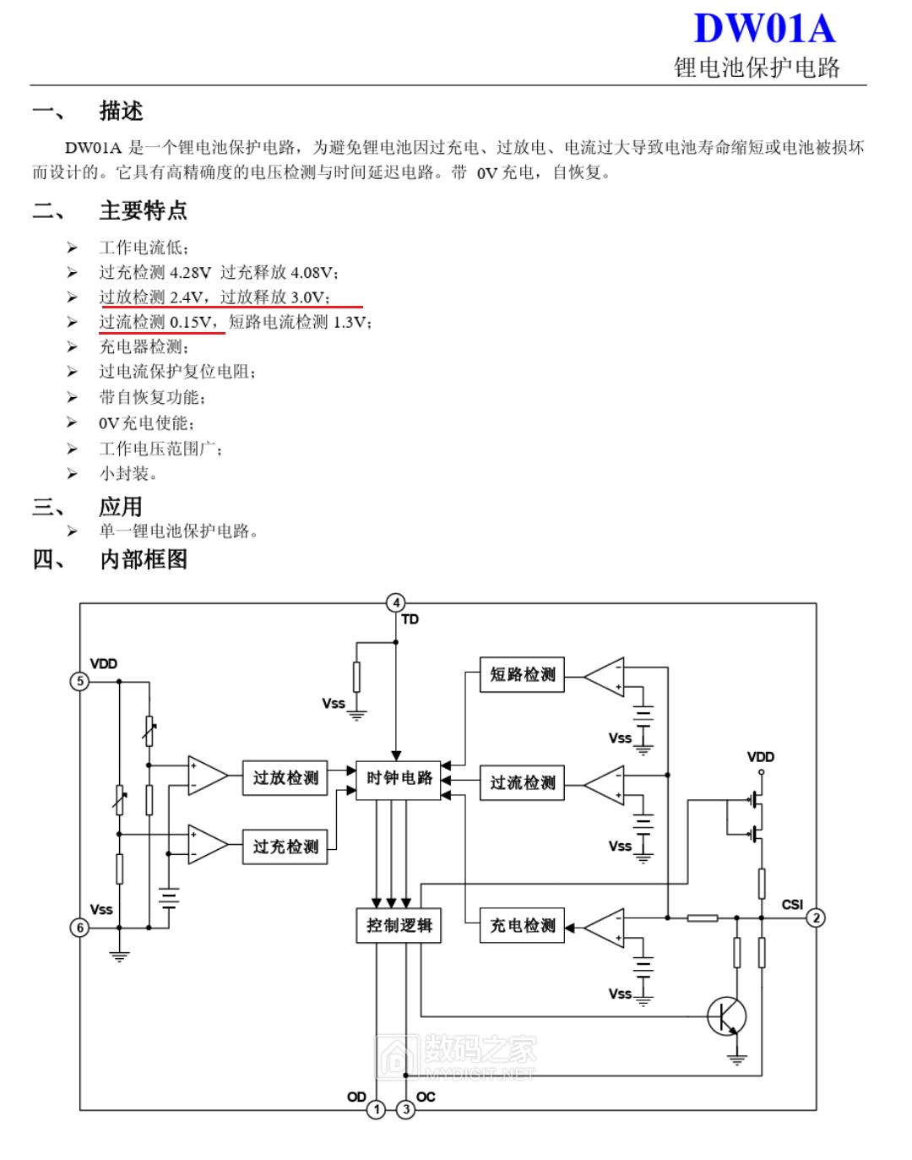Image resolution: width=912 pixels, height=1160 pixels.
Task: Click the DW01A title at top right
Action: (763, 29)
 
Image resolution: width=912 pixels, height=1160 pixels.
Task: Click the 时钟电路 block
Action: (399, 778)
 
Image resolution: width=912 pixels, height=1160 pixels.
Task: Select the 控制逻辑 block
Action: (399, 925)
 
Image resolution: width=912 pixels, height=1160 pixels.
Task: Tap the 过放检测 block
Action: (285, 778)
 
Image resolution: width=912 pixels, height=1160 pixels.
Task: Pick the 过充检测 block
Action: (285, 847)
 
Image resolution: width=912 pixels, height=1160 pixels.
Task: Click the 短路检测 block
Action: (522, 675)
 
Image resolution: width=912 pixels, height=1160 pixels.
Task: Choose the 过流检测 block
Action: (522, 783)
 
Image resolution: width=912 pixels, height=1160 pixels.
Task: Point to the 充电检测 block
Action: (522, 926)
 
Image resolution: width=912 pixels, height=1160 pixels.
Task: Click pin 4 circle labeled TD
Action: (396, 602)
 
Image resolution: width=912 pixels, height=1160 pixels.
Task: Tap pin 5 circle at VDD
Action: (79, 681)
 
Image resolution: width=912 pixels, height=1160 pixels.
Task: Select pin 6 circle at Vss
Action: (79, 928)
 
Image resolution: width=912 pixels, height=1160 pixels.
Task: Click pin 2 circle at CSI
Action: (815, 918)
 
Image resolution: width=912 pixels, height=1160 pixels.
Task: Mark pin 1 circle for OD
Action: (377, 1108)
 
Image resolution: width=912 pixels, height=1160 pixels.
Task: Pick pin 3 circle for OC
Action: (406, 1108)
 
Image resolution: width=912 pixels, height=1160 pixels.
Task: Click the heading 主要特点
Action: (143, 210)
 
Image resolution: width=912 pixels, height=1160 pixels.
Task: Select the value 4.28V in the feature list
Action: (190, 273)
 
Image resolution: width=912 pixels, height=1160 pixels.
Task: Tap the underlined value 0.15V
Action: (191, 322)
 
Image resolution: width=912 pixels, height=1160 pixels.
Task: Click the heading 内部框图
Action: (143, 559)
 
